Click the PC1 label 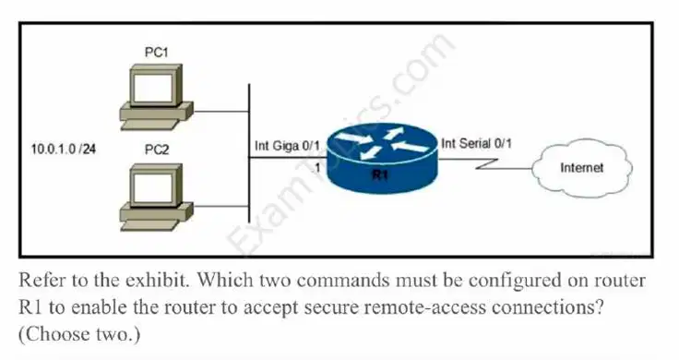[x=156, y=53]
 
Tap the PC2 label [x=157, y=150]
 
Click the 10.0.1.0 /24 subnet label [x=64, y=150]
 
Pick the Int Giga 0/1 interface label [x=287, y=146]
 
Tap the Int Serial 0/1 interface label [x=476, y=143]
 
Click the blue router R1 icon [x=382, y=158]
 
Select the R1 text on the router [x=381, y=175]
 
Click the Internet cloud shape [x=581, y=168]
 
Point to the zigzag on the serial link [x=487, y=163]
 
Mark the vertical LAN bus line [x=249, y=153]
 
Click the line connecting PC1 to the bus [x=220, y=112]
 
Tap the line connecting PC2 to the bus [x=220, y=207]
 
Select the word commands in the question [x=343, y=281]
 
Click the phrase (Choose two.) [x=79, y=334]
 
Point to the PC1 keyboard [x=149, y=125]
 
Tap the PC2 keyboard [x=149, y=225]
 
